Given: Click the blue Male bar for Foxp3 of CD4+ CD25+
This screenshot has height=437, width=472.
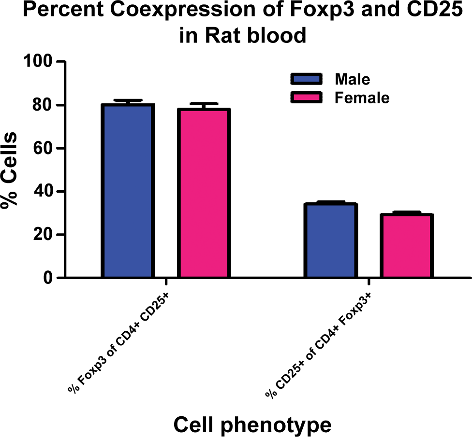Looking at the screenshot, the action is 128,191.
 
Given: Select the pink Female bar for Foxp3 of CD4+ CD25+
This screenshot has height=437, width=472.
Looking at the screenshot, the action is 204,193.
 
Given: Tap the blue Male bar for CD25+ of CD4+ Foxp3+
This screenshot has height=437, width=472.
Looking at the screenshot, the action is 330,240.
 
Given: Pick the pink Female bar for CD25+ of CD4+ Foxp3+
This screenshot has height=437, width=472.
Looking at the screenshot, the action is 407,245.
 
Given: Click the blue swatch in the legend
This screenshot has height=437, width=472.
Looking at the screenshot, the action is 306,79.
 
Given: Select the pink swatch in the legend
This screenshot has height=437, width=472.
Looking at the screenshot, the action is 306,98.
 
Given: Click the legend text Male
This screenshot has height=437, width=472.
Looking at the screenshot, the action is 353,79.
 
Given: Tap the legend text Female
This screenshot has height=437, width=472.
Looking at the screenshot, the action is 362,98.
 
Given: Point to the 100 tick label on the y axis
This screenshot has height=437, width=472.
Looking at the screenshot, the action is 38,61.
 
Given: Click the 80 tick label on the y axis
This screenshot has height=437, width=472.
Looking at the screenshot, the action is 43,105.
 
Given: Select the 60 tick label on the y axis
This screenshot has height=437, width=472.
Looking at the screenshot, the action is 43,148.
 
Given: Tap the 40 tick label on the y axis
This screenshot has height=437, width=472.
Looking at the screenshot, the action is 43,191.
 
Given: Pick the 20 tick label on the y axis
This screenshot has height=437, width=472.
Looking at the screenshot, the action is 43,234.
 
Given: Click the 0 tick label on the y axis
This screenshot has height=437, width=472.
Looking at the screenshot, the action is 48,278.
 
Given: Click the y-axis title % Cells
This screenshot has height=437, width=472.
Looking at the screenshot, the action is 9,170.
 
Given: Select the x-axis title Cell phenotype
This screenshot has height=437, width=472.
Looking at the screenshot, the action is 252,424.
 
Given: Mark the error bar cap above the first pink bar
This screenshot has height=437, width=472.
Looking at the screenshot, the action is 204,103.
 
